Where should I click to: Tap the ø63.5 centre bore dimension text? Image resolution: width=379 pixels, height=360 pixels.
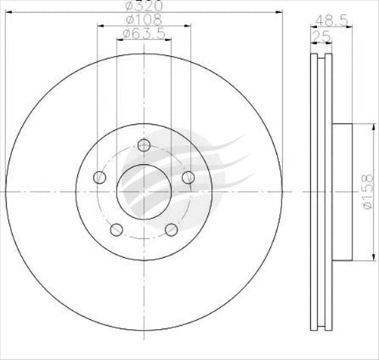(x=144, y=33)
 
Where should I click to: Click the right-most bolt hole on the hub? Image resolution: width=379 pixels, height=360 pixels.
(x=188, y=176)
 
